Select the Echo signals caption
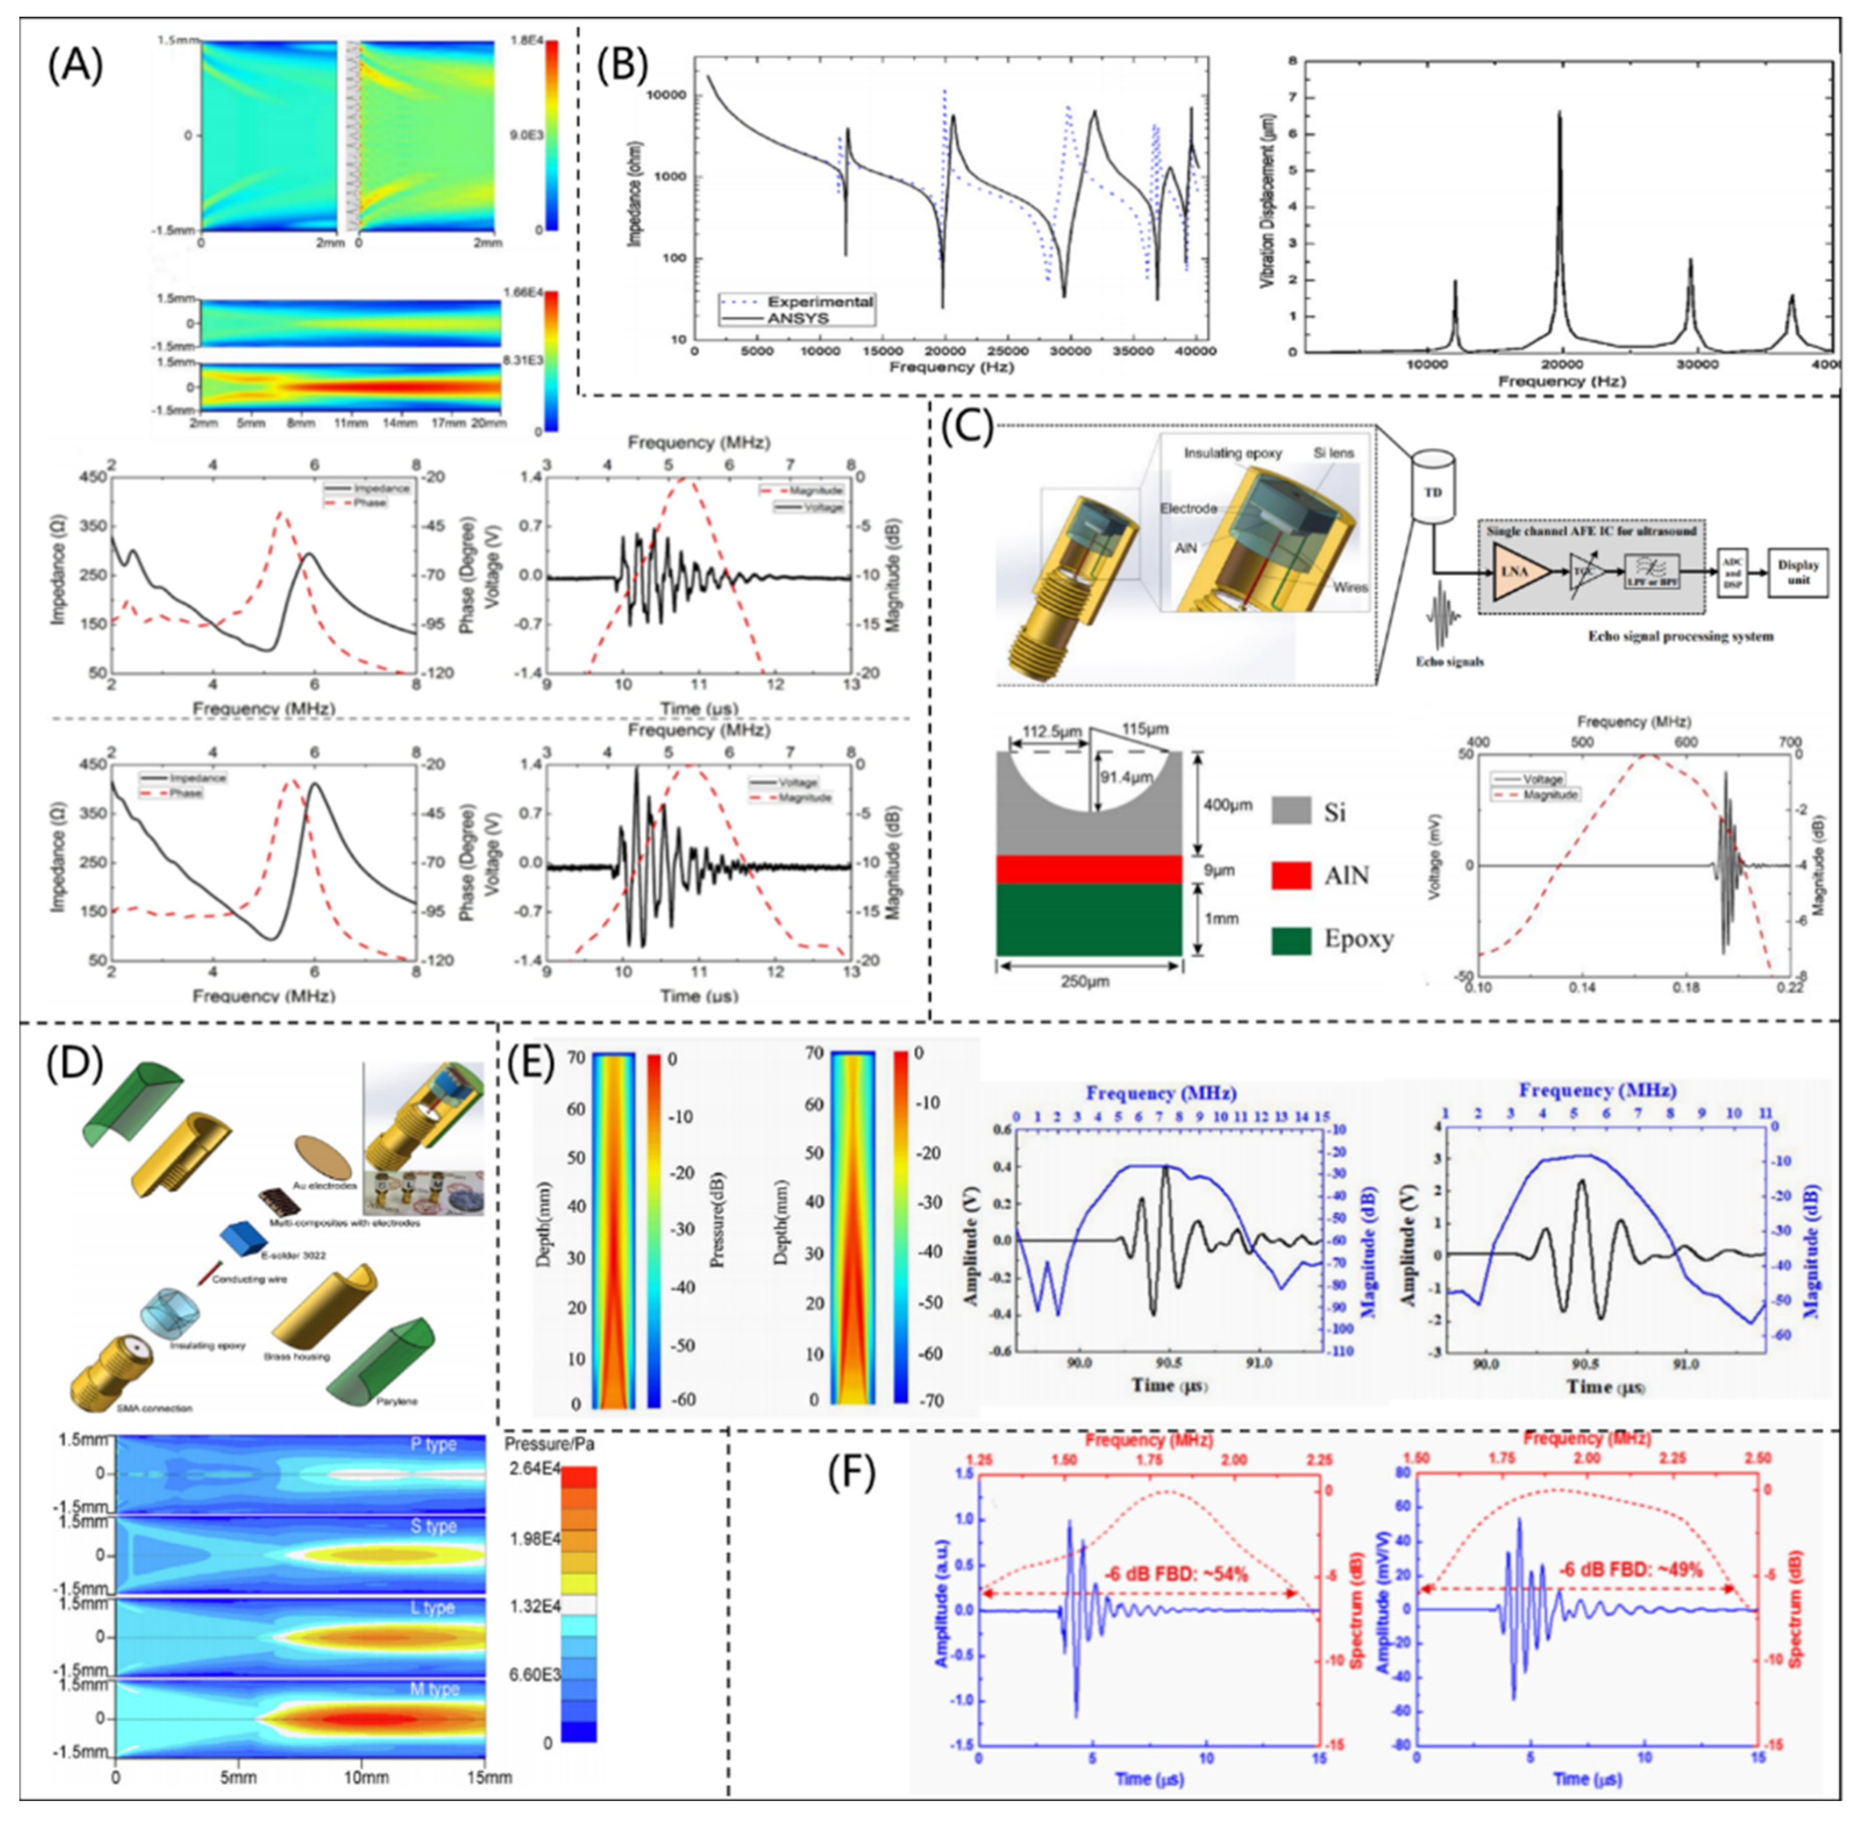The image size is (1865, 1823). (1448, 660)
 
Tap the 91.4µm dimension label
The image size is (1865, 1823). (1126, 777)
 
